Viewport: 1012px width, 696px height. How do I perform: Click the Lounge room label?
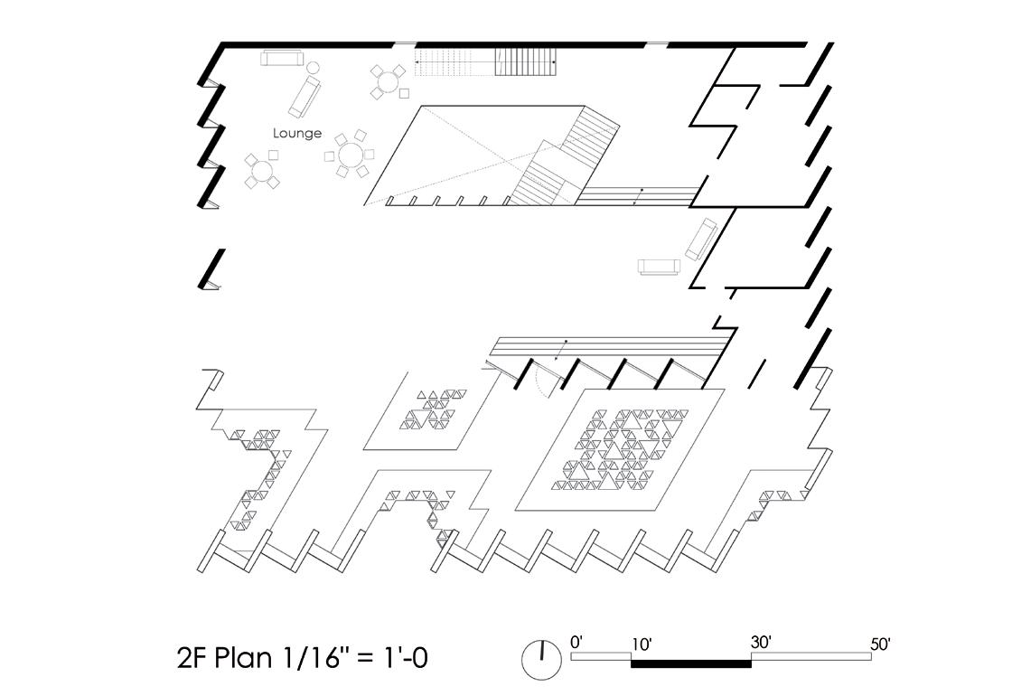297,134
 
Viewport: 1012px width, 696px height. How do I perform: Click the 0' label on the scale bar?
577,643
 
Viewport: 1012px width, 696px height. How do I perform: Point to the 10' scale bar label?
642,644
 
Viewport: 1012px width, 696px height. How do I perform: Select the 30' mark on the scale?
761,643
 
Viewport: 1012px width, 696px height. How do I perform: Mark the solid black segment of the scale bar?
690,663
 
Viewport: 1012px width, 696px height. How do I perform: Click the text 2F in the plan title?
196,658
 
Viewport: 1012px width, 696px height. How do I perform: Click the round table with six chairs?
350,155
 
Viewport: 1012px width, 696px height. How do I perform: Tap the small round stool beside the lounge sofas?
314,67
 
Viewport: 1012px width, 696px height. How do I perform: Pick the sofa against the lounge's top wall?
282,59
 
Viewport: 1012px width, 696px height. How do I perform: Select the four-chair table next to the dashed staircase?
389,81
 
